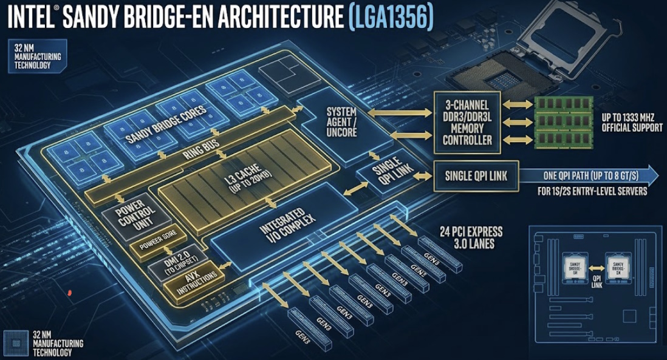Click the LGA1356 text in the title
click(x=392, y=16)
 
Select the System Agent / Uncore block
click(x=341, y=122)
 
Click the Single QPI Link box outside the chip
click(x=476, y=177)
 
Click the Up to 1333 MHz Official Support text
click(x=632, y=122)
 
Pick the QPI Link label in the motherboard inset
click(x=597, y=280)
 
